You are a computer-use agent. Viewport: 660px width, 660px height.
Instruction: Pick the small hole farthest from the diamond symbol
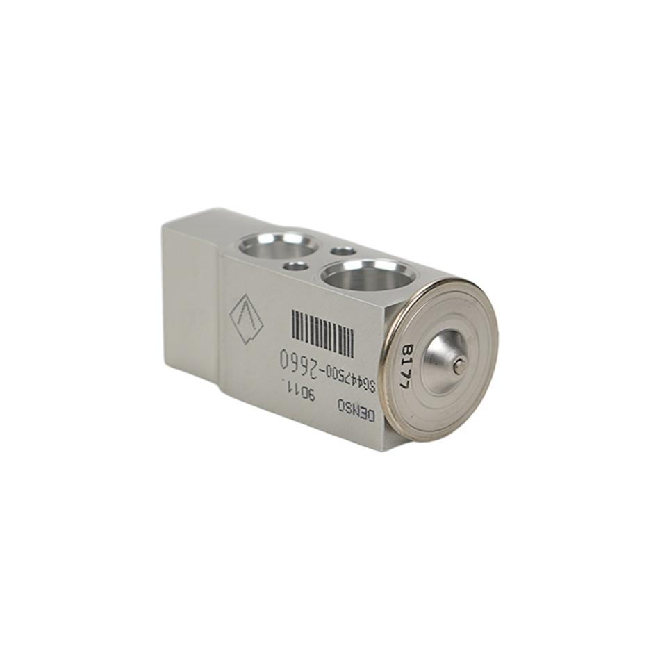[341, 250]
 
